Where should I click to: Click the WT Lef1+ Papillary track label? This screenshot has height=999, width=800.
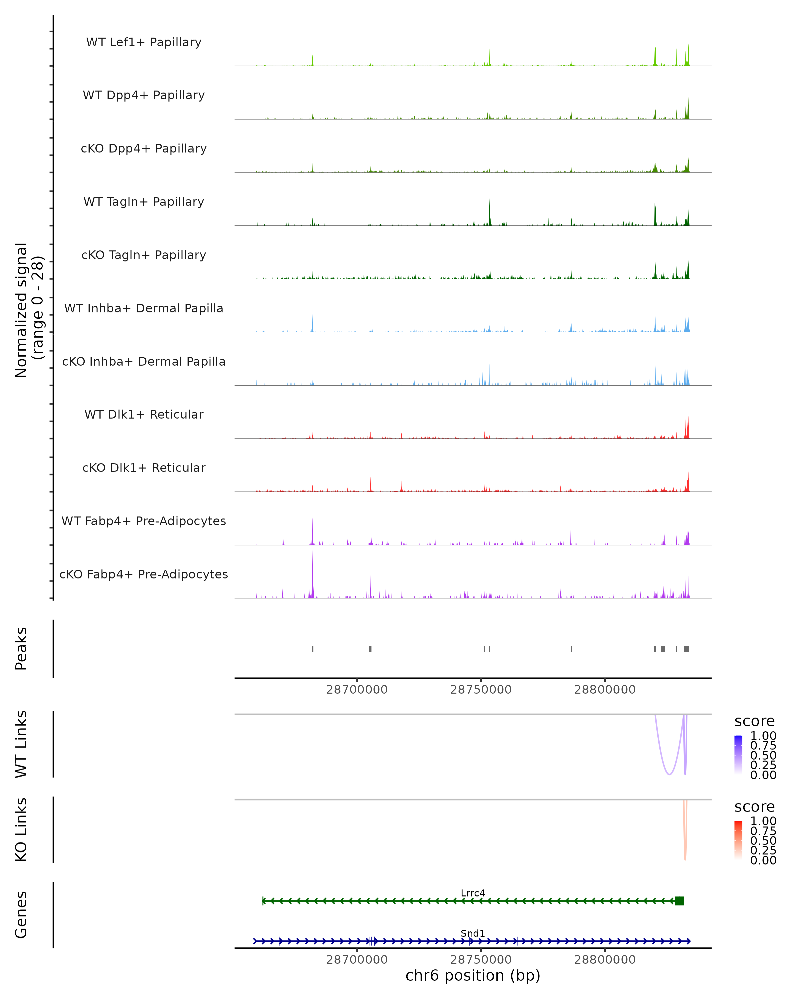point(144,42)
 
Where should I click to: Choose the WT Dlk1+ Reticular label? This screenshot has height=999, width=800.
point(144,414)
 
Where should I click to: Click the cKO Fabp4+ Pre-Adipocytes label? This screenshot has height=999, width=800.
point(144,574)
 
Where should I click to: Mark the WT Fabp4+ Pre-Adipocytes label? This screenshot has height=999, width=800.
point(144,521)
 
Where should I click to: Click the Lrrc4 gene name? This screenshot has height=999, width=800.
point(473,893)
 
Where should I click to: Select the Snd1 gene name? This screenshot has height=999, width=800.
point(473,933)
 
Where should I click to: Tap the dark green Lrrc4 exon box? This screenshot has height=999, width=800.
point(679,901)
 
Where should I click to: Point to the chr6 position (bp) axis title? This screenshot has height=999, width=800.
point(473,975)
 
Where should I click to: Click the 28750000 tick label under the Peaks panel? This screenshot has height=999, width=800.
point(481,690)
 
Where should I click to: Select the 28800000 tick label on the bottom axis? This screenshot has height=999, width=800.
point(605,960)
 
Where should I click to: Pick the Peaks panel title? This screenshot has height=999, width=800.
point(21,649)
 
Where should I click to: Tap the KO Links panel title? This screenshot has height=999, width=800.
point(21,830)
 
